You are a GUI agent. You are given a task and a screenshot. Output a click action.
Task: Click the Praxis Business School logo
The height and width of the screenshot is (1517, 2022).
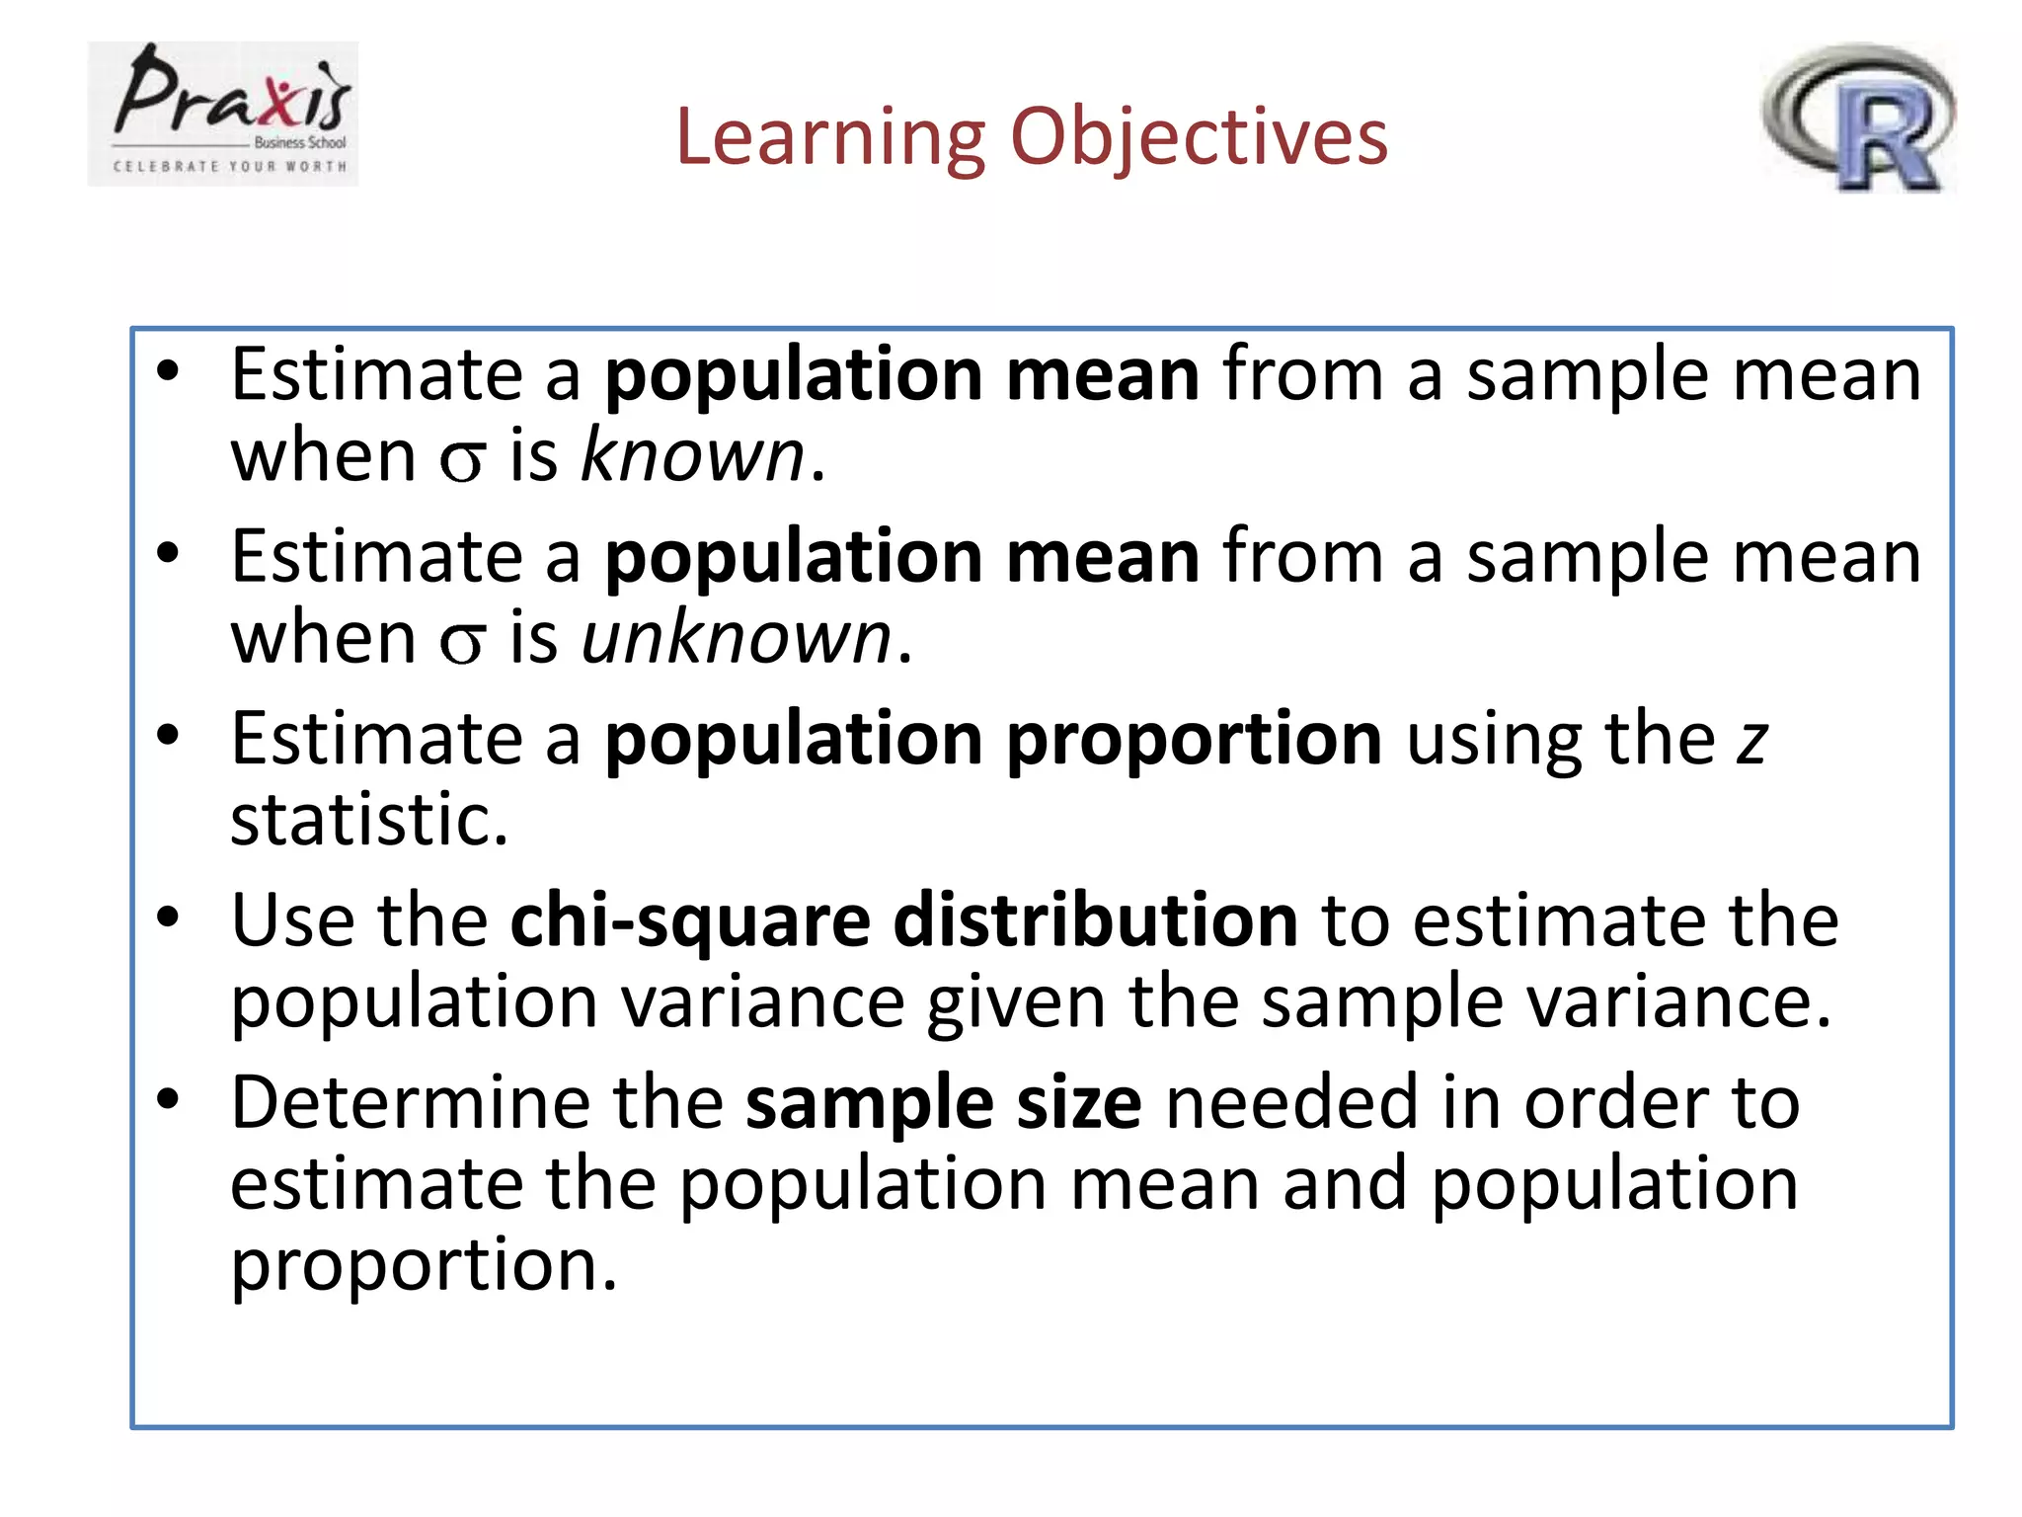223,113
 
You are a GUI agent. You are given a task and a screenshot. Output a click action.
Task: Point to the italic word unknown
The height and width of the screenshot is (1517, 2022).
737,638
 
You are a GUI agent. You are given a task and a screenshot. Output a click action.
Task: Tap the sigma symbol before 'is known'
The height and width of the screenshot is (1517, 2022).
462,460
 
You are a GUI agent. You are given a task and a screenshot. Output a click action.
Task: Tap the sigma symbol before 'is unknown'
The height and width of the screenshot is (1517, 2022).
462,642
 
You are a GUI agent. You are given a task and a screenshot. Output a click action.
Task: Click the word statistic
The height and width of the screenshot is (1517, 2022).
368,820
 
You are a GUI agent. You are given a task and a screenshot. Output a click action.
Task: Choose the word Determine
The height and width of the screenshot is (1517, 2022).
410,1102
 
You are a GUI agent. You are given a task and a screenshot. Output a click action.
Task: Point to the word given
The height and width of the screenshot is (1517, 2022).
1015,1003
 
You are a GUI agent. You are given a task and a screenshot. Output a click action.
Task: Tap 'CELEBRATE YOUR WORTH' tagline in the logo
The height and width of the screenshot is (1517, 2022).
230,167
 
